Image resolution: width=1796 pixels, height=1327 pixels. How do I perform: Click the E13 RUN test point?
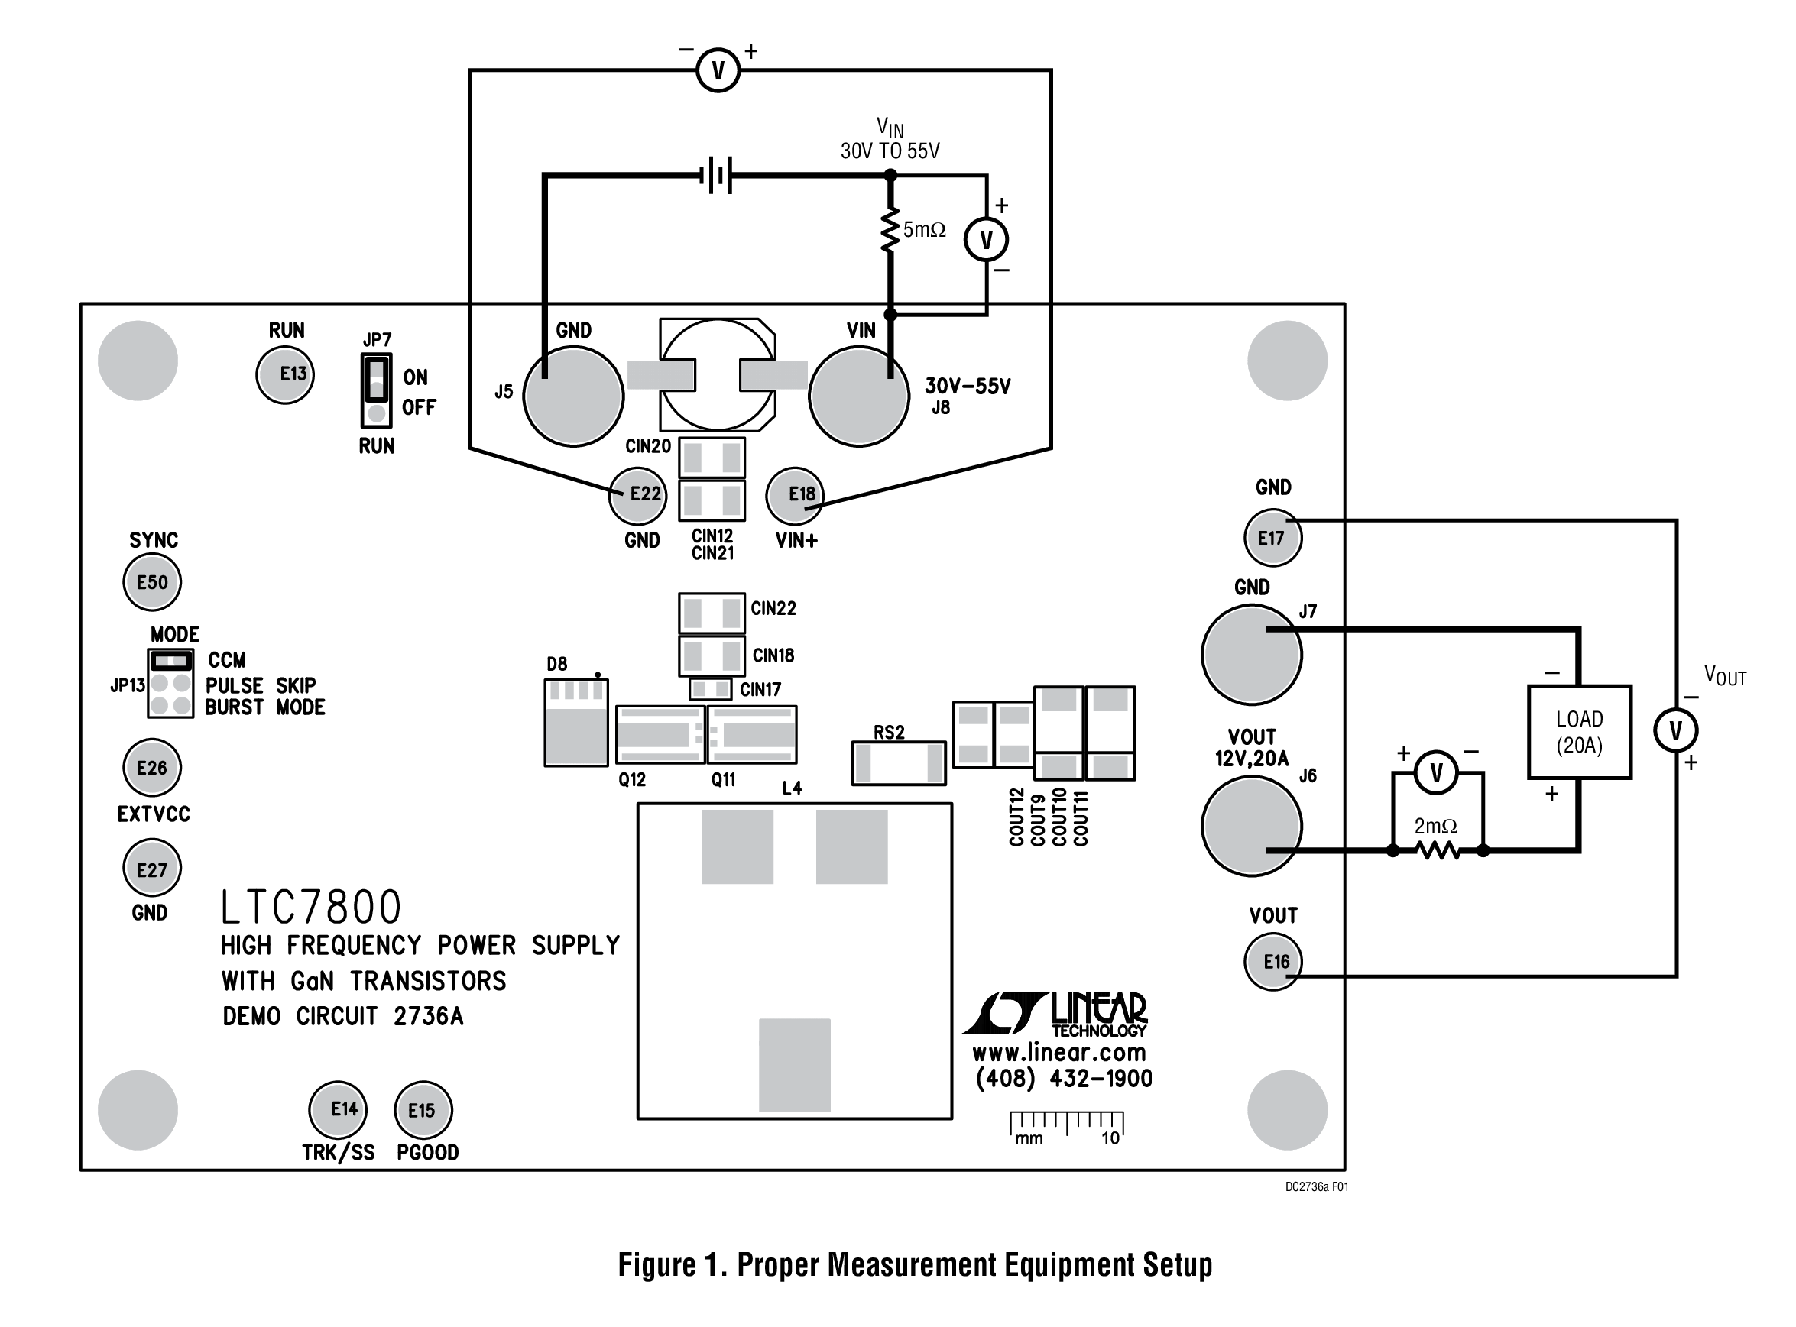click(284, 374)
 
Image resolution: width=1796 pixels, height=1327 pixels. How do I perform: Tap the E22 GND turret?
click(638, 495)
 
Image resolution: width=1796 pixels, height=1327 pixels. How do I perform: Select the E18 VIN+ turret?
click(795, 495)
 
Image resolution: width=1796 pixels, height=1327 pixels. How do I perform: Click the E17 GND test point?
click(1272, 538)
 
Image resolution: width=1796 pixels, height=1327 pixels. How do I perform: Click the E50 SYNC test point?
click(152, 582)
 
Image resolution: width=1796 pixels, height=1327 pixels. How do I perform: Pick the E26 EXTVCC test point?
click(152, 768)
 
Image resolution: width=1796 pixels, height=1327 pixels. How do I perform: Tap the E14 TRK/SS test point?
click(339, 1109)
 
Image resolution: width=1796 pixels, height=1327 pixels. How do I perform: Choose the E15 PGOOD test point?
click(423, 1110)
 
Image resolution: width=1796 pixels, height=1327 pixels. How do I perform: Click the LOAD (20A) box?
click(1579, 732)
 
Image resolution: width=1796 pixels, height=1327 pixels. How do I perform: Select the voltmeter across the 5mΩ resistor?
click(986, 239)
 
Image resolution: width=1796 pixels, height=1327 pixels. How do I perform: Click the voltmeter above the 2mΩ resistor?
click(1436, 772)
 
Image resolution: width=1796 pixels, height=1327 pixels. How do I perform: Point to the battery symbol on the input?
click(718, 175)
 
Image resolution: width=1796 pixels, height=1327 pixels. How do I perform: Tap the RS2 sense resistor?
click(899, 762)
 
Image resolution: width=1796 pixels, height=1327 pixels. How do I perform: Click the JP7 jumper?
click(377, 390)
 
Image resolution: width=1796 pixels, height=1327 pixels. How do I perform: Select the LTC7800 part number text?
click(311, 908)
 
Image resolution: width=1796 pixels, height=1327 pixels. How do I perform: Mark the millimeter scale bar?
click(1066, 1125)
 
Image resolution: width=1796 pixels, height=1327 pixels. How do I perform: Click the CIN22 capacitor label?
click(773, 609)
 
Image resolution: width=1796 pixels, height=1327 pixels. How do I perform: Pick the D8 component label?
click(557, 665)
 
